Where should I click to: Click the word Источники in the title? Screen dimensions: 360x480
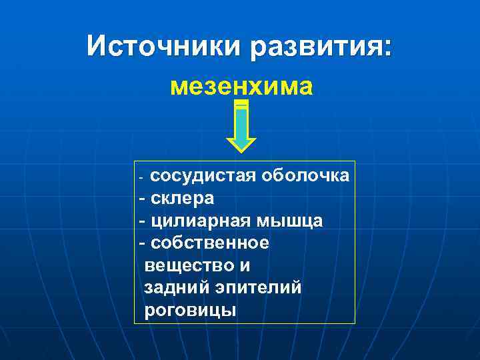(x=163, y=46)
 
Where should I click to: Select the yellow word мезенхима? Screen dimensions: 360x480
(x=241, y=87)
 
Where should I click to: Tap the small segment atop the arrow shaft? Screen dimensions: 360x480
(x=241, y=105)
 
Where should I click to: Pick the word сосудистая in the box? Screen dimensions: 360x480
(x=203, y=176)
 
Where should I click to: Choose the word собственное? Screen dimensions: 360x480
(x=210, y=243)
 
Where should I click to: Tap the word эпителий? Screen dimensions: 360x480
(x=257, y=287)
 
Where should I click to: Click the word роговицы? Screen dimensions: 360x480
(x=191, y=310)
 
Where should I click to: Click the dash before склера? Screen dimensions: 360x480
(x=141, y=199)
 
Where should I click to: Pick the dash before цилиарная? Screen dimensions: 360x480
(x=141, y=221)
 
